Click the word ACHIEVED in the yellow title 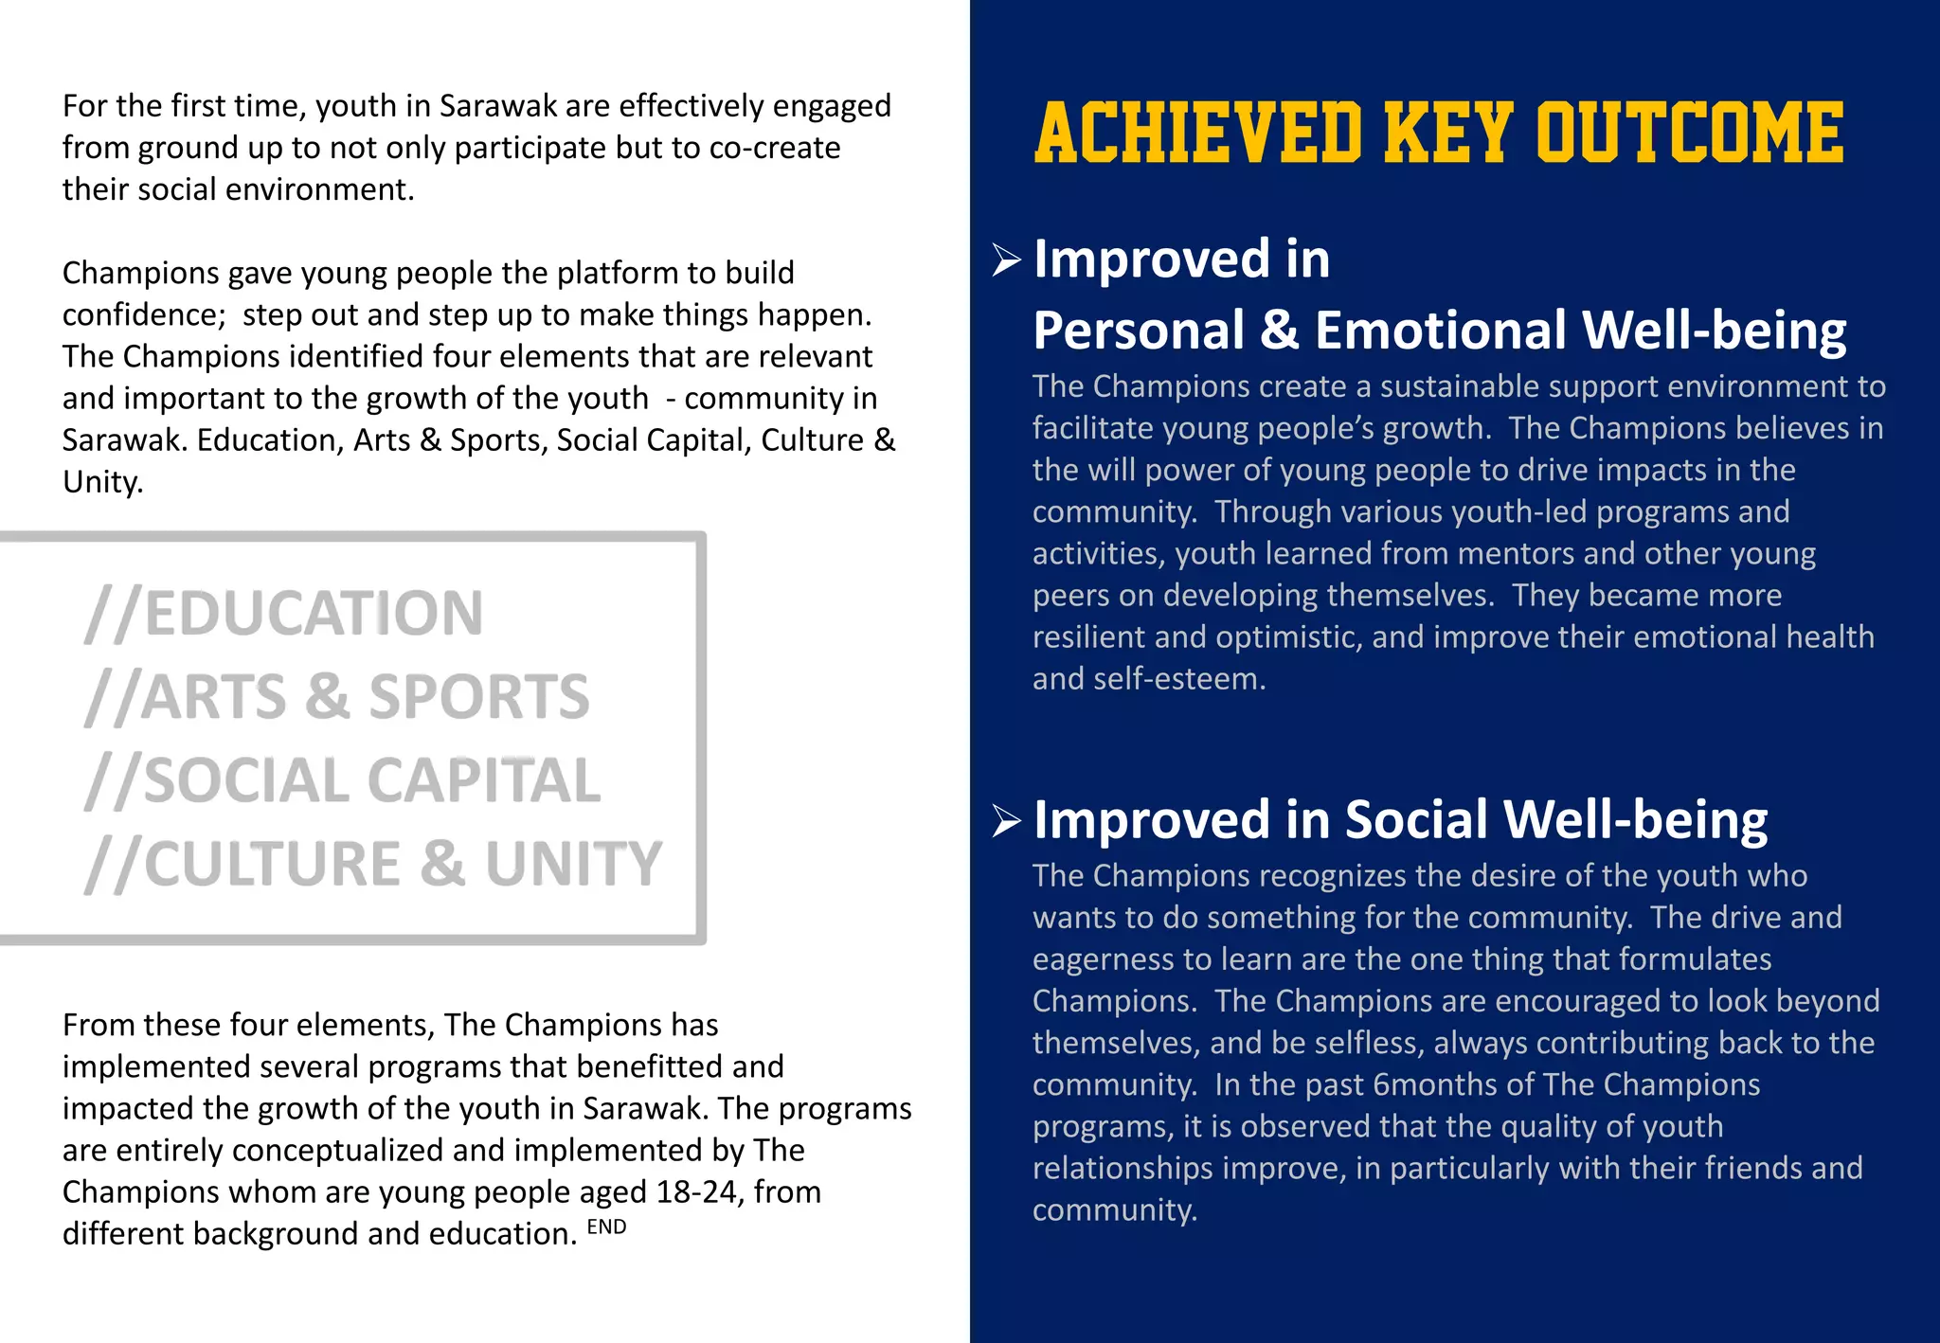(1198, 133)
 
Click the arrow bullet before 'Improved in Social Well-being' (1006, 820)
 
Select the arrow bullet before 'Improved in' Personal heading (1006, 260)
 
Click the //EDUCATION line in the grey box (284, 614)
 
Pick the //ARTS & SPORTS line (337, 697)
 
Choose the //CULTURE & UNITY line (373, 865)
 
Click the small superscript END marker (606, 1227)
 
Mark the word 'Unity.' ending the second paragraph (102, 482)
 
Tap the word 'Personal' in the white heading (1138, 331)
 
